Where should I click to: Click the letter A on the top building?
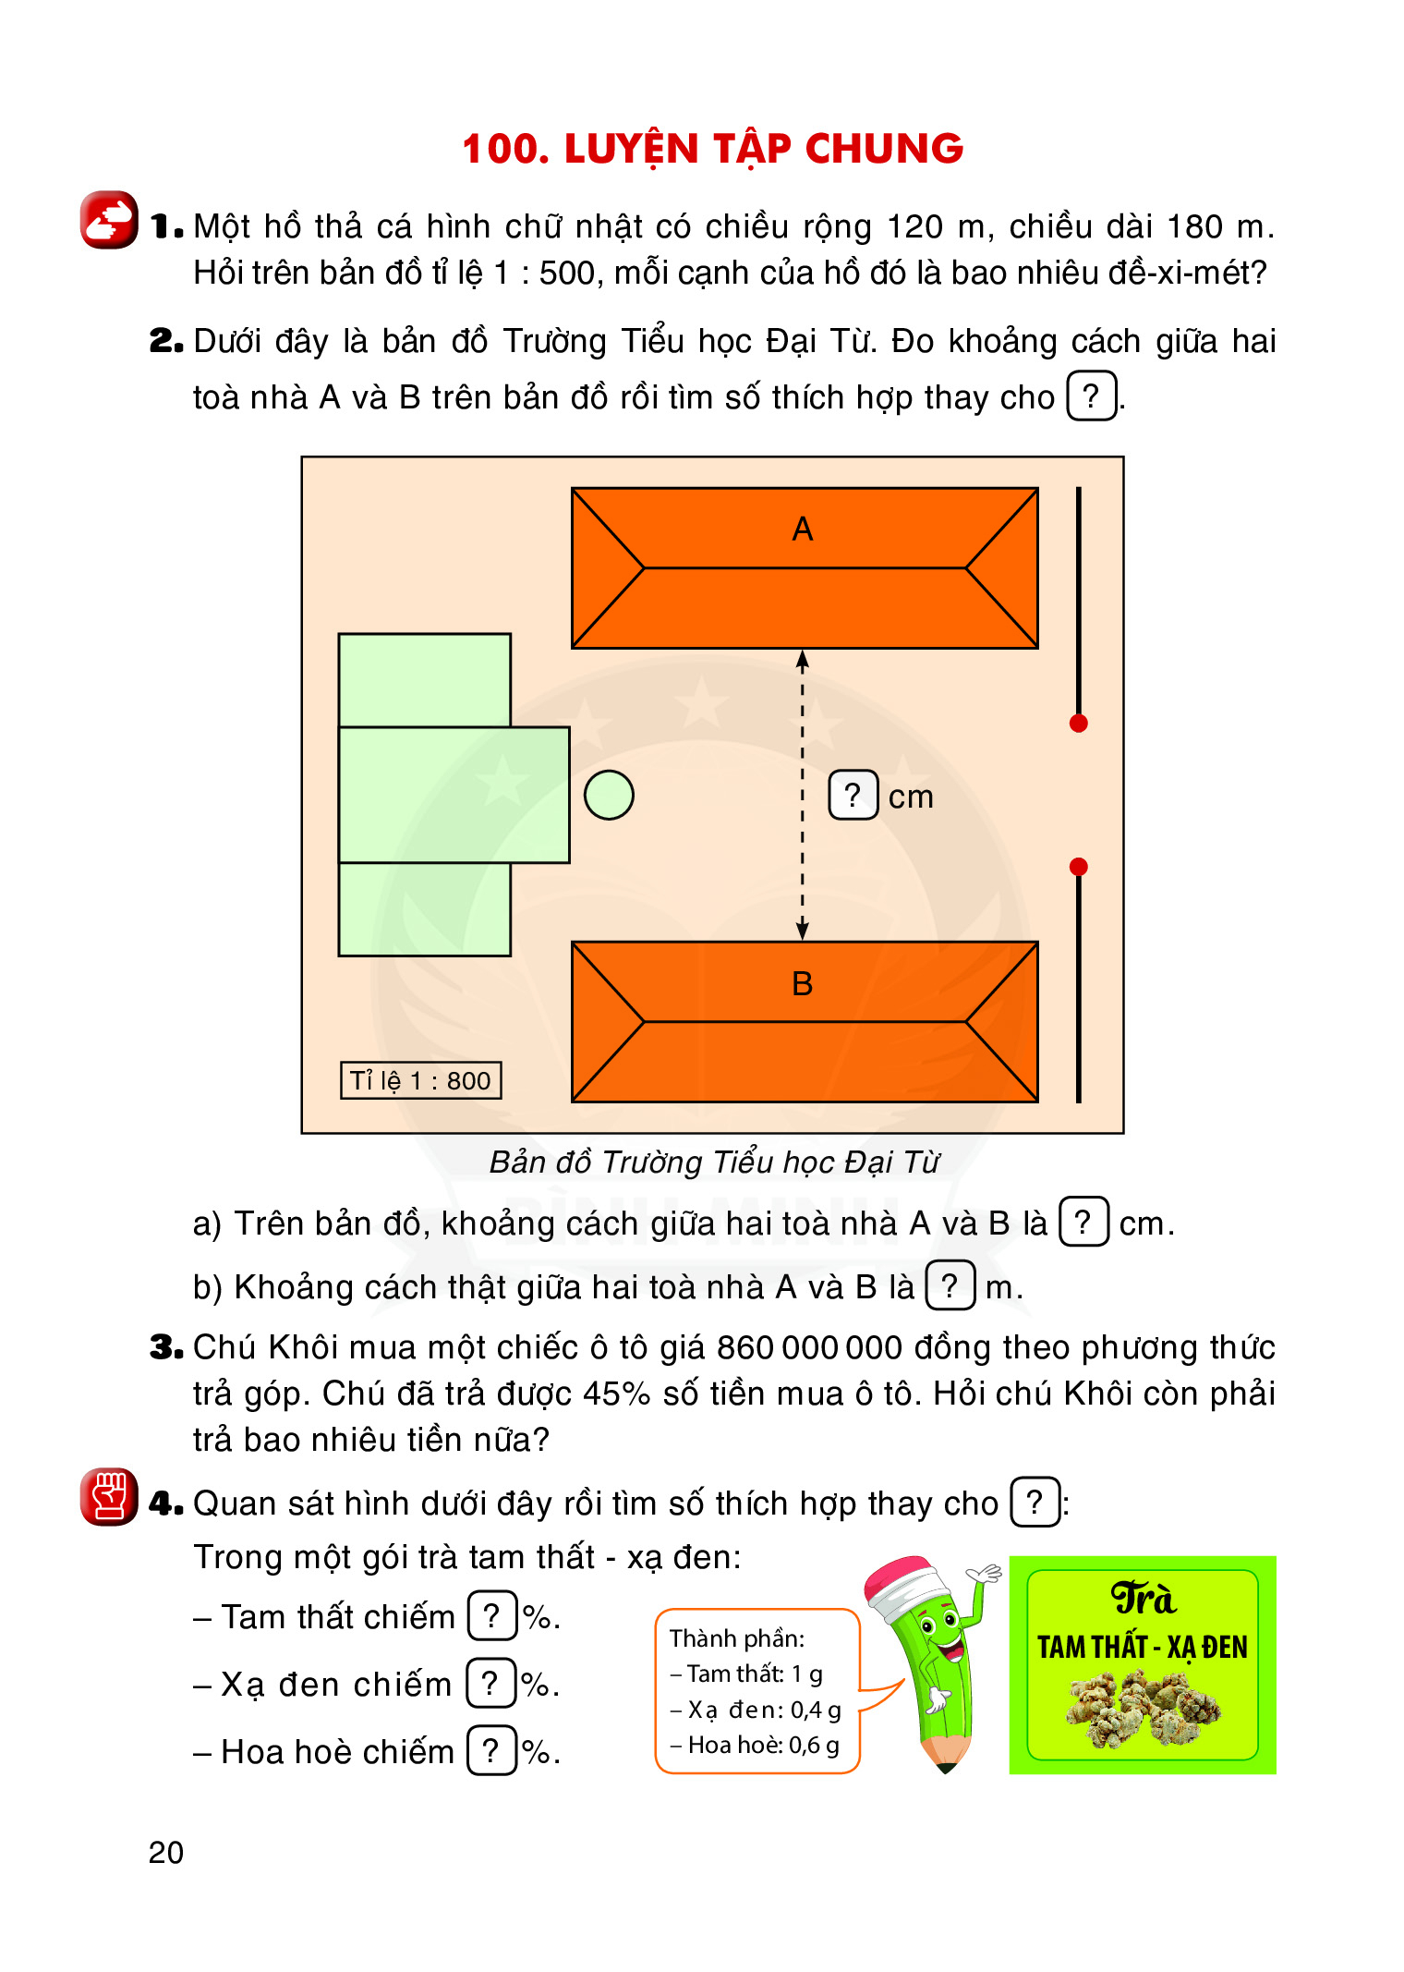click(803, 530)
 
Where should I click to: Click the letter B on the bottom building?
click(803, 984)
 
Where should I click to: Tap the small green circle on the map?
click(609, 795)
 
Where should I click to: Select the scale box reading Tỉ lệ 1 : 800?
click(421, 1080)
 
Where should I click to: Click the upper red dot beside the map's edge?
click(1078, 724)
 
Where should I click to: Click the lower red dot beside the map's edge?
click(1078, 867)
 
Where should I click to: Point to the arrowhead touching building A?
click(803, 660)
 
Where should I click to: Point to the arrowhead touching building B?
click(803, 930)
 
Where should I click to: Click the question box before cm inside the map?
click(853, 795)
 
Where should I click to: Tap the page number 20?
click(166, 1853)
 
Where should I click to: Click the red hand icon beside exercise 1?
click(109, 220)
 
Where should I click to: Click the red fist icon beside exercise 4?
click(109, 1497)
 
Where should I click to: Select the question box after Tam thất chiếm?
click(492, 1615)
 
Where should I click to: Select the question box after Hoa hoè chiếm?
click(491, 1750)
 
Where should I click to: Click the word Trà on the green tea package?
click(1143, 1598)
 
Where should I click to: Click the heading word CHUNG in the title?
click(884, 149)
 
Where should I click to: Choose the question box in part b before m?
click(950, 1285)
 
